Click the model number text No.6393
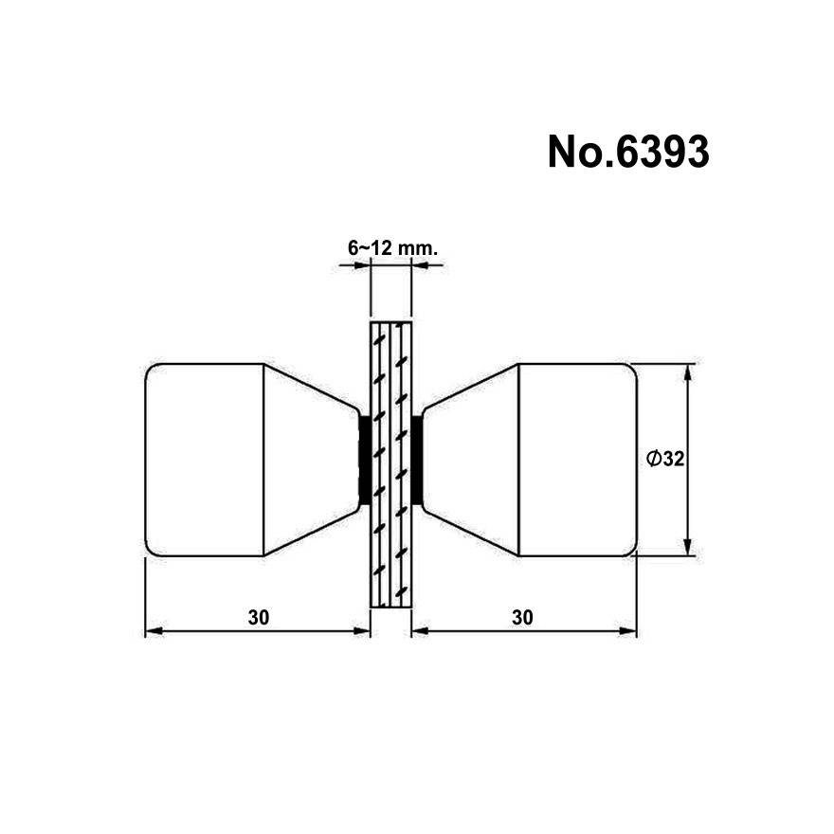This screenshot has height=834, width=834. (x=628, y=153)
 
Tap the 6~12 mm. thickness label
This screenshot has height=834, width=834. (x=392, y=248)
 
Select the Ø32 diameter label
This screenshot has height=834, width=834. (x=665, y=459)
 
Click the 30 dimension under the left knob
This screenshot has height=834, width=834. (x=259, y=618)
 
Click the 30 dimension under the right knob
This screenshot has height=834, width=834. (x=522, y=618)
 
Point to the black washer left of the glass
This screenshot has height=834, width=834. (x=365, y=460)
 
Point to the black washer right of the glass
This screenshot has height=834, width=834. (x=418, y=460)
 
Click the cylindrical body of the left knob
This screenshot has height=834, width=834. (x=205, y=460)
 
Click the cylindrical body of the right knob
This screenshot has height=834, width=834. (x=577, y=460)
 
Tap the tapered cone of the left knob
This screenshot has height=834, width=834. (x=311, y=460)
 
